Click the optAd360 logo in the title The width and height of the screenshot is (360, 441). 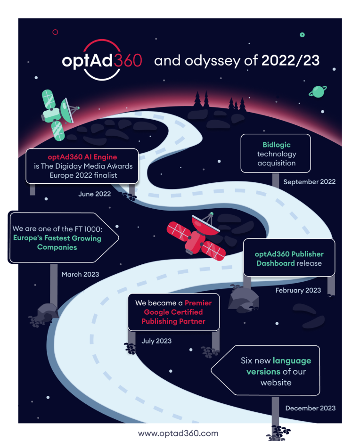(102, 60)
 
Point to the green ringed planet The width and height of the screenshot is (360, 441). (318, 92)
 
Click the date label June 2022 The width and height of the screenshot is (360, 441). (95, 194)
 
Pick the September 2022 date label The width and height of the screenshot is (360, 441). (310, 182)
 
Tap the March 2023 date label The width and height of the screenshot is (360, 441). (80, 274)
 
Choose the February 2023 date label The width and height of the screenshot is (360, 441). (298, 290)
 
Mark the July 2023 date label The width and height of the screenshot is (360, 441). (156, 341)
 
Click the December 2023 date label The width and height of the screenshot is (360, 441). (311, 408)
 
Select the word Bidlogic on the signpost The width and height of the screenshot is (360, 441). (277, 145)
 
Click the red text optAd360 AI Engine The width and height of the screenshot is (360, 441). (82, 157)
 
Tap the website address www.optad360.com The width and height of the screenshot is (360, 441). (178, 433)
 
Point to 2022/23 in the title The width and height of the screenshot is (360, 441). (291, 60)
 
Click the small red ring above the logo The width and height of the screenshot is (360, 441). (55, 32)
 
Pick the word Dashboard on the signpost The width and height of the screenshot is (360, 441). (276, 263)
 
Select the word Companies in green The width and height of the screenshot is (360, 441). (57, 247)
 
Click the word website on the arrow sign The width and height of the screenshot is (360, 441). (276, 383)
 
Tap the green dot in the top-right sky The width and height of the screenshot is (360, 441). (303, 35)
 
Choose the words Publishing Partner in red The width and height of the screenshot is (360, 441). (173, 321)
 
